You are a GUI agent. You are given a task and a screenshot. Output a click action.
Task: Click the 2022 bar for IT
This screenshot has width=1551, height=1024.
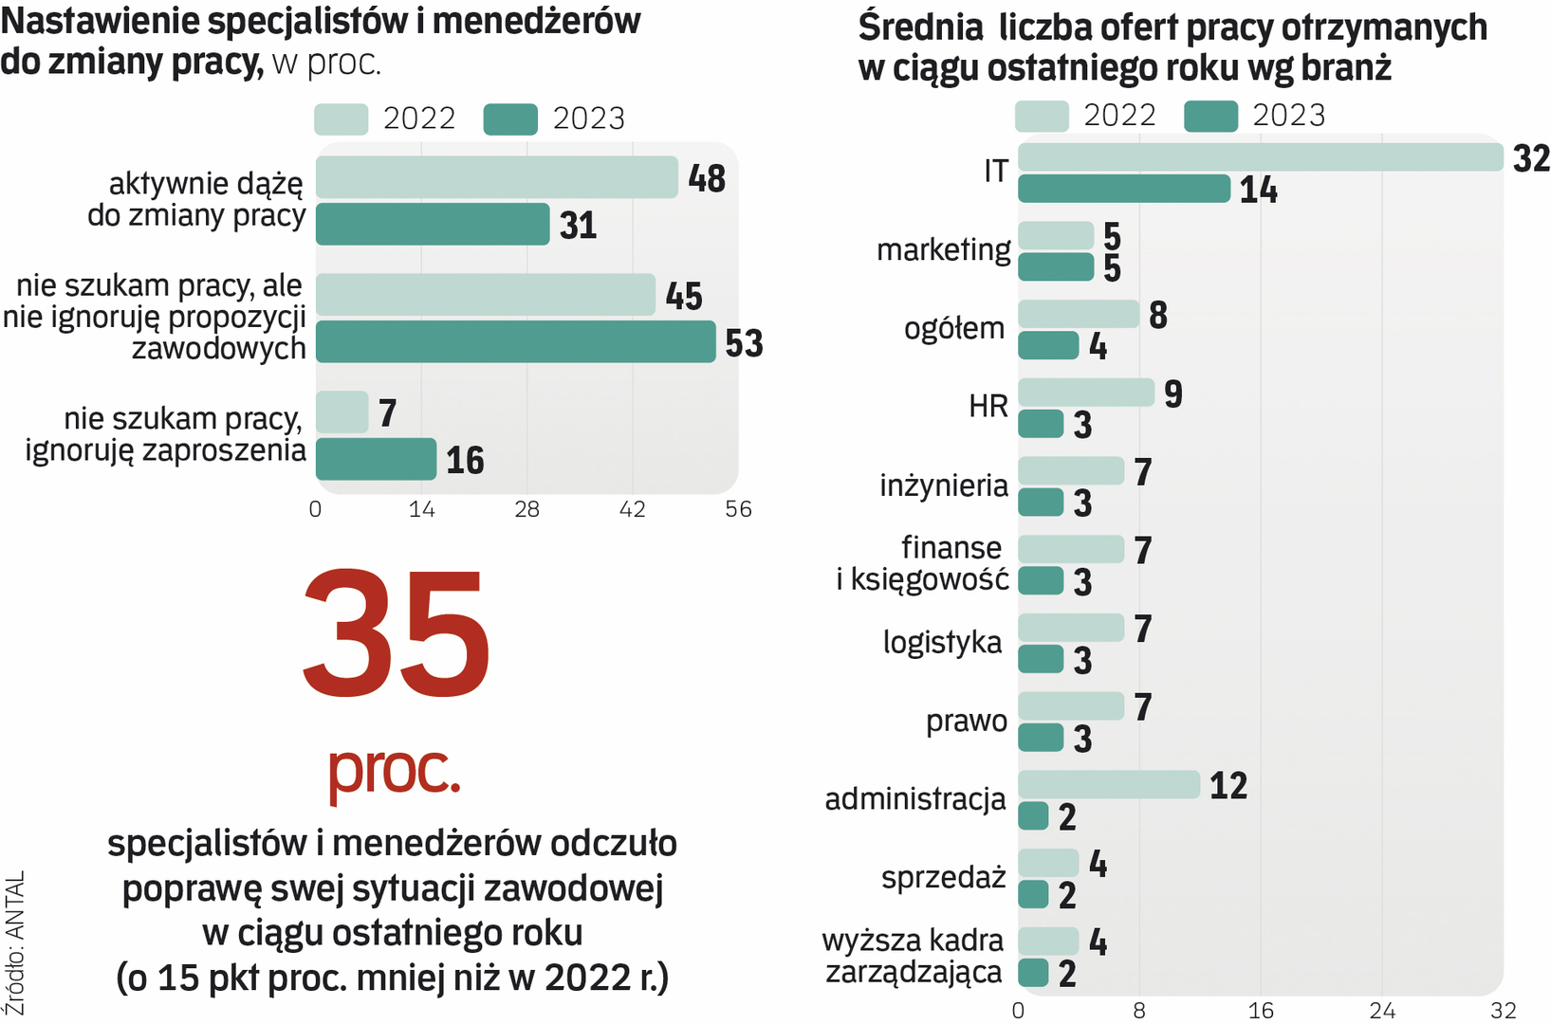[x=1260, y=157]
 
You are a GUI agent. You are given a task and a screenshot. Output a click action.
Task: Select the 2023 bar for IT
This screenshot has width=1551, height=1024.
[x=1124, y=189]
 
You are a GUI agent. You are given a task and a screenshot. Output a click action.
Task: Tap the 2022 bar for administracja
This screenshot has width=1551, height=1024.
[x=1109, y=784]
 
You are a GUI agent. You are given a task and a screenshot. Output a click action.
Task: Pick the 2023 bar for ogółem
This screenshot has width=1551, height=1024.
[x=1048, y=346]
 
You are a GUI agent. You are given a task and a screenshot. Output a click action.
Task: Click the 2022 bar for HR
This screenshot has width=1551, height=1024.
[x=1086, y=393]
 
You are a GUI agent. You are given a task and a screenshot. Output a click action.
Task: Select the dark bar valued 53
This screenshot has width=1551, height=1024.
[x=515, y=342]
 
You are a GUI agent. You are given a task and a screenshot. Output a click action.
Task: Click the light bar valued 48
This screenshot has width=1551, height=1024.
[x=496, y=177]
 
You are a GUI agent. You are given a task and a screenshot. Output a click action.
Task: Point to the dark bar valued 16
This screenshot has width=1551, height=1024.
[x=376, y=459]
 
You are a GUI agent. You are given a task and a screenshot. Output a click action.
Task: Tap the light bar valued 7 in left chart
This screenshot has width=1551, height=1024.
[x=342, y=412]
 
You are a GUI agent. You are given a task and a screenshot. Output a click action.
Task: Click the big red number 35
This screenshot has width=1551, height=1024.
[x=397, y=634]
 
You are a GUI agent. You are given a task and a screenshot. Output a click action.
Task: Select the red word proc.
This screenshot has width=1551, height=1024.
[x=394, y=770]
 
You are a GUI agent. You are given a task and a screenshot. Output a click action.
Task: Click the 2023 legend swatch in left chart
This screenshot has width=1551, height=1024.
[x=510, y=119]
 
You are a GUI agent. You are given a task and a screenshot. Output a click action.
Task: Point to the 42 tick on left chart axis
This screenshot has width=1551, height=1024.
[x=633, y=509]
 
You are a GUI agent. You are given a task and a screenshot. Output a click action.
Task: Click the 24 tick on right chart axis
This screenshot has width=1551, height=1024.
[x=1382, y=1011]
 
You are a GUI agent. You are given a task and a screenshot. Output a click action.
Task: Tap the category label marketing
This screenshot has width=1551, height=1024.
[x=943, y=250]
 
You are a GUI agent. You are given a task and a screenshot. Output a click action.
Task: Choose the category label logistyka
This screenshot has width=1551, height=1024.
[x=942, y=643]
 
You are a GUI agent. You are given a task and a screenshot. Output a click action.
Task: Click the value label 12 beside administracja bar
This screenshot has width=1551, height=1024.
[x=1228, y=786]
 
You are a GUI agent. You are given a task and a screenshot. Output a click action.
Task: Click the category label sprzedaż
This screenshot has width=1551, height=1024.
[x=943, y=878]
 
